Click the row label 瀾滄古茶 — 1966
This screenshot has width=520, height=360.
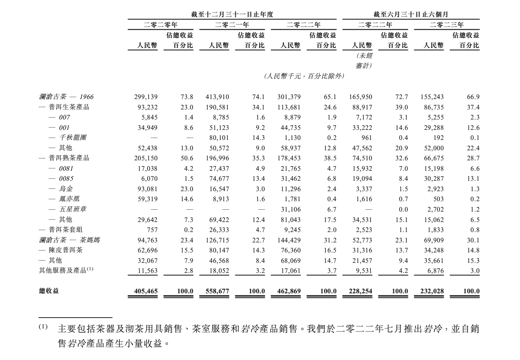click(x=66, y=97)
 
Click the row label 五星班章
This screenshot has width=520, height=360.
click(x=72, y=209)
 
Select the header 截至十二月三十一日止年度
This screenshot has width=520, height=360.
click(x=232, y=14)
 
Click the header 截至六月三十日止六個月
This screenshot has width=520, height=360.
click(x=411, y=14)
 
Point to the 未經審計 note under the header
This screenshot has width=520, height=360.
click(x=363, y=61)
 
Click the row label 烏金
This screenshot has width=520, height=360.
click(x=65, y=188)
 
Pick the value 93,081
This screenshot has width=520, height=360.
click(x=147, y=189)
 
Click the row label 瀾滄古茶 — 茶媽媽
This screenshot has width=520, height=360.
click(x=69, y=240)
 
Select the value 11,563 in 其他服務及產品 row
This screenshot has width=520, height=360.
click(x=148, y=271)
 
